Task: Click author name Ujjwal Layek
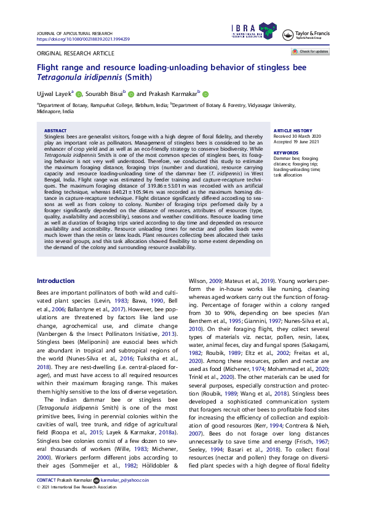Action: pos(54,94)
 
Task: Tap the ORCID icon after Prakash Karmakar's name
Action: pos(205,94)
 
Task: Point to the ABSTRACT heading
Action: pos(56,130)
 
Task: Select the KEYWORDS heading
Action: pos(285,152)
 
